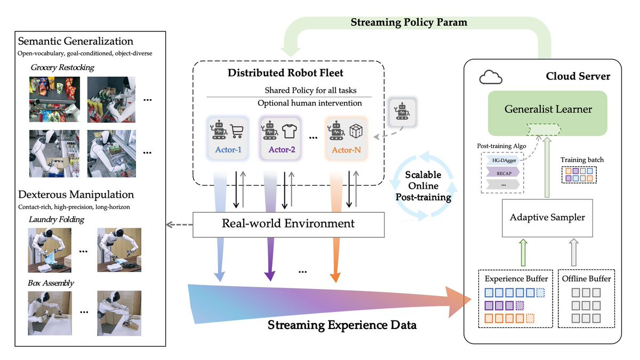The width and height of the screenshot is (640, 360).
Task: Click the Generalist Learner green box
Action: click(548, 110)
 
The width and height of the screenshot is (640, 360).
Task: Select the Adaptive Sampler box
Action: click(547, 217)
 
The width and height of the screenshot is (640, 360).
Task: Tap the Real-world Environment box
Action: click(288, 223)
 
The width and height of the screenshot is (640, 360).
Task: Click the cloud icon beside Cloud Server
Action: click(491, 78)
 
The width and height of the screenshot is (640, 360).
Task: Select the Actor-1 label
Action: click(228, 150)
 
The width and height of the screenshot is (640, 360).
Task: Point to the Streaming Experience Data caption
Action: click(342, 325)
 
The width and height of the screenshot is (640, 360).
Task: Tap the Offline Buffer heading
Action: click(586, 278)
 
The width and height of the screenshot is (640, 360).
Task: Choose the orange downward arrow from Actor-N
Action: click(335, 256)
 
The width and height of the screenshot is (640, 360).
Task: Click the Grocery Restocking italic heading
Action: click(62, 68)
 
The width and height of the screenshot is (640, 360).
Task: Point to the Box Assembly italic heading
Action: click(51, 283)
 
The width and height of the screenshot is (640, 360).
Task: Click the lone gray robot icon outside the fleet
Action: click(401, 112)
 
